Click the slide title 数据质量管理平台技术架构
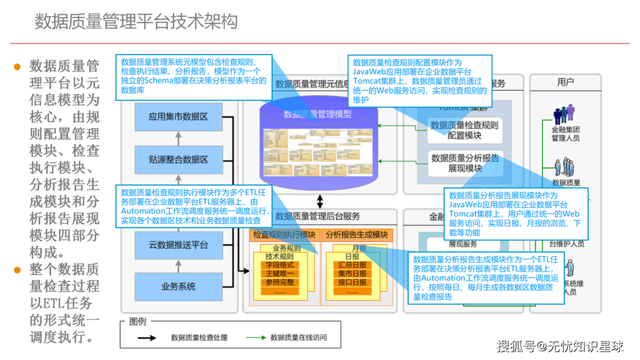coord(136,22)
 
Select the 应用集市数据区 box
coord(178,116)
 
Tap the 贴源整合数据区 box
coord(178,159)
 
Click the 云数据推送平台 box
coord(178,246)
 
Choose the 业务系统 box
coord(178,287)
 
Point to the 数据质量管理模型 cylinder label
coord(317,114)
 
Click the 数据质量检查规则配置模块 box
coord(465,130)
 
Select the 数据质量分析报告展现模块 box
coord(465,163)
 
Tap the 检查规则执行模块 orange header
coord(284,235)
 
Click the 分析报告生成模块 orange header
coord(356,235)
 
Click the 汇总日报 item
coord(352,264)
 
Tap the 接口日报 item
coord(352,282)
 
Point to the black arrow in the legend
coord(148,336)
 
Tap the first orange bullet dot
coord(17,67)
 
